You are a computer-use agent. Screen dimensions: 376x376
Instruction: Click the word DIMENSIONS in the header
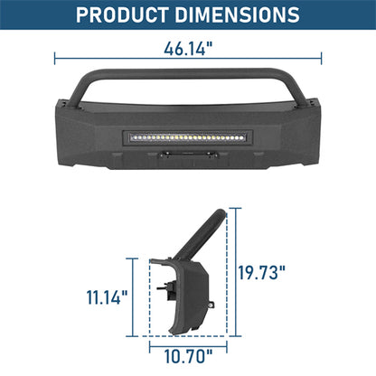(238, 15)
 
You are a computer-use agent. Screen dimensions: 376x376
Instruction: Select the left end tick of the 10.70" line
(150, 343)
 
